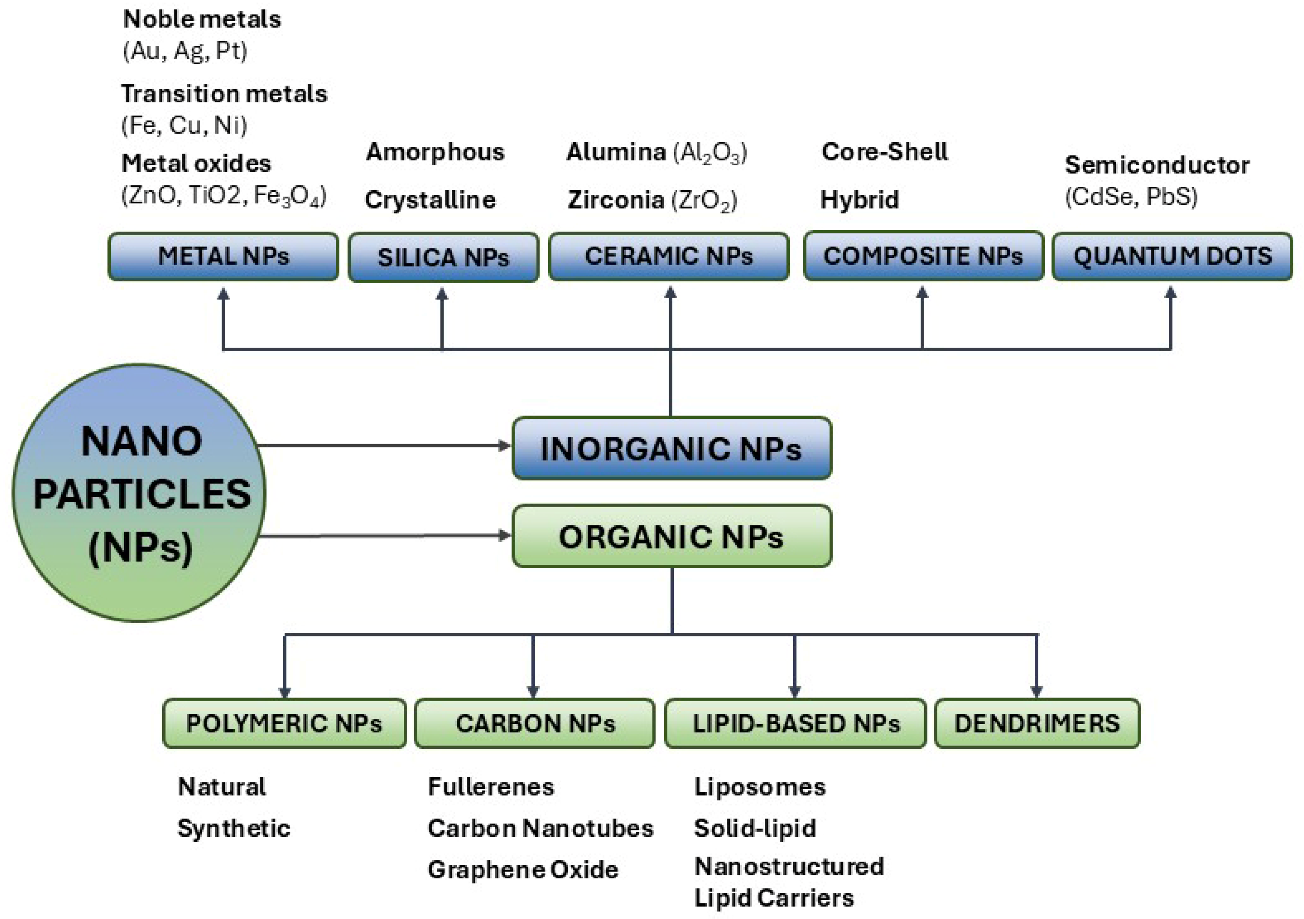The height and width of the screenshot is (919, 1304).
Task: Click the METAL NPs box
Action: pos(223,257)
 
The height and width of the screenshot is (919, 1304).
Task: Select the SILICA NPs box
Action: pos(443,257)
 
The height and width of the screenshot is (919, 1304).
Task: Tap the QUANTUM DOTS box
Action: pos(1172,257)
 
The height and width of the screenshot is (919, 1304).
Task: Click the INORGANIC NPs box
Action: pos(671,448)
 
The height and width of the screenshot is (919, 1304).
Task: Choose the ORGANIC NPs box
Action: pos(671,536)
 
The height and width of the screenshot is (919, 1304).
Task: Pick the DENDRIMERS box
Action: pos(1037,723)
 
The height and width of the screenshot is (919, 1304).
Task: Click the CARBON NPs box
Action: pos(534,723)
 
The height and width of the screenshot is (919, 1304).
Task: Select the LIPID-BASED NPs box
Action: pos(795,723)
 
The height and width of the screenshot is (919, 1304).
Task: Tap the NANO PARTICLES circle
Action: pos(139,493)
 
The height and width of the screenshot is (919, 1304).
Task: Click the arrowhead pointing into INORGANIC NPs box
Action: pos(504,445)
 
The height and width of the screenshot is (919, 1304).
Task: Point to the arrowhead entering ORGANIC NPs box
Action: pos(504,535)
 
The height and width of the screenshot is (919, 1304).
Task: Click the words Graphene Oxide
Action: pos(522,870)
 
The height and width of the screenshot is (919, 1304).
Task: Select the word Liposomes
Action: pos(759,787)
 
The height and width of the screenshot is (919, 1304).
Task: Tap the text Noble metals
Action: pos(202,19)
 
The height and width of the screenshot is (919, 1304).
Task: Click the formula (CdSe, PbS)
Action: pos(1131,197)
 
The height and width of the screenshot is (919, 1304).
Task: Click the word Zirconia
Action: pos(616,200)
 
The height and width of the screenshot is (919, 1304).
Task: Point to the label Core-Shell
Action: pos(884,152)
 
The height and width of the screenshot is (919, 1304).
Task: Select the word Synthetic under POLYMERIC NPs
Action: pos(234,828)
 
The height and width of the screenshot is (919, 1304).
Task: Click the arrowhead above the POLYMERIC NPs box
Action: pos(285,691)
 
